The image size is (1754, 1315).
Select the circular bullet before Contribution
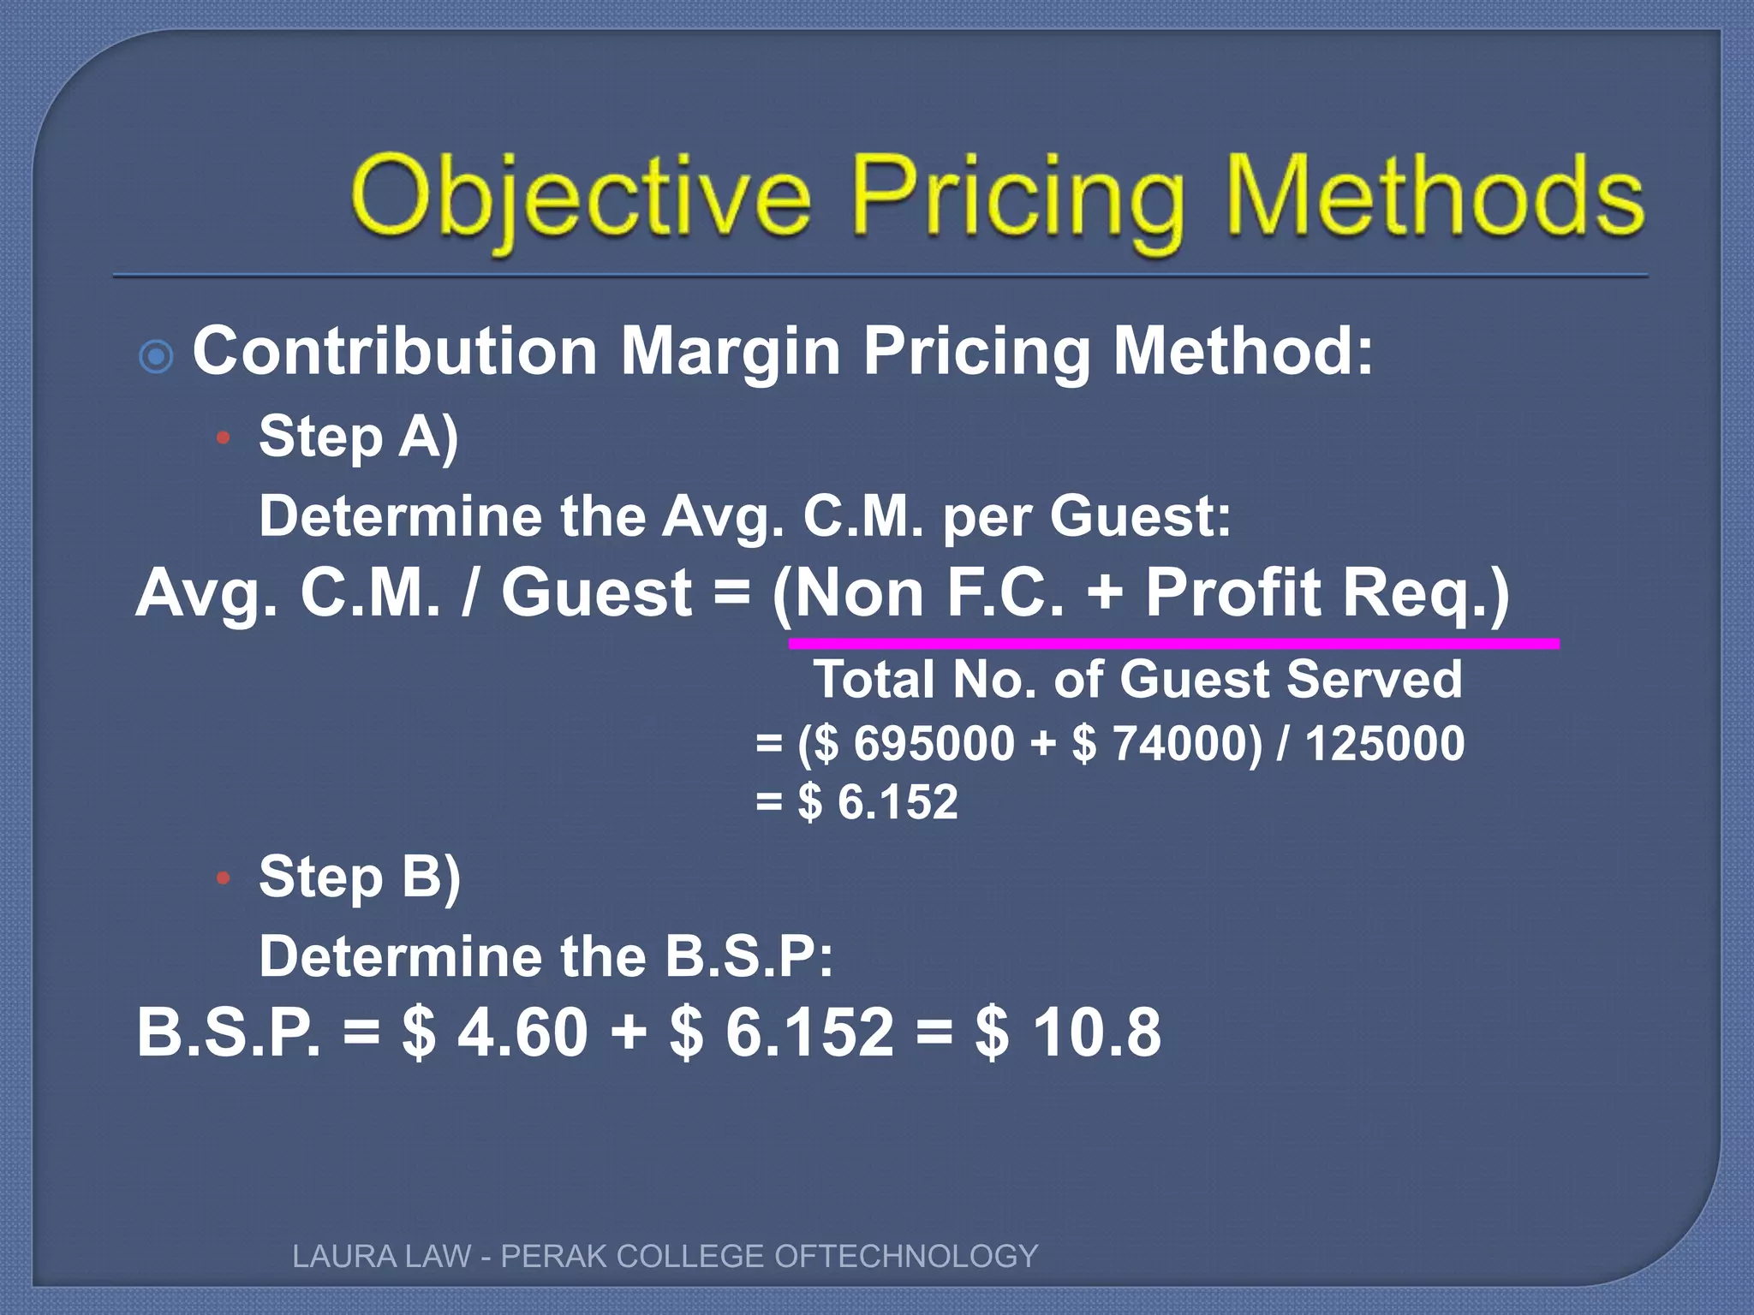point(156,356)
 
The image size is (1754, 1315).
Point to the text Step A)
point(358,437)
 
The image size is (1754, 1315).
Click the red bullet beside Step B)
point(224,878)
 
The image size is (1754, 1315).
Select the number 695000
point(934,743)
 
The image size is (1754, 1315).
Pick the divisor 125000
point(1384,743)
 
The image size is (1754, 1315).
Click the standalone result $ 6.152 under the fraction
point(877,802)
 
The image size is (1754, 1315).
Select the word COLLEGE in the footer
point(690,1256)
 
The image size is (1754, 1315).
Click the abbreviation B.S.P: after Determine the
point(749,956)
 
